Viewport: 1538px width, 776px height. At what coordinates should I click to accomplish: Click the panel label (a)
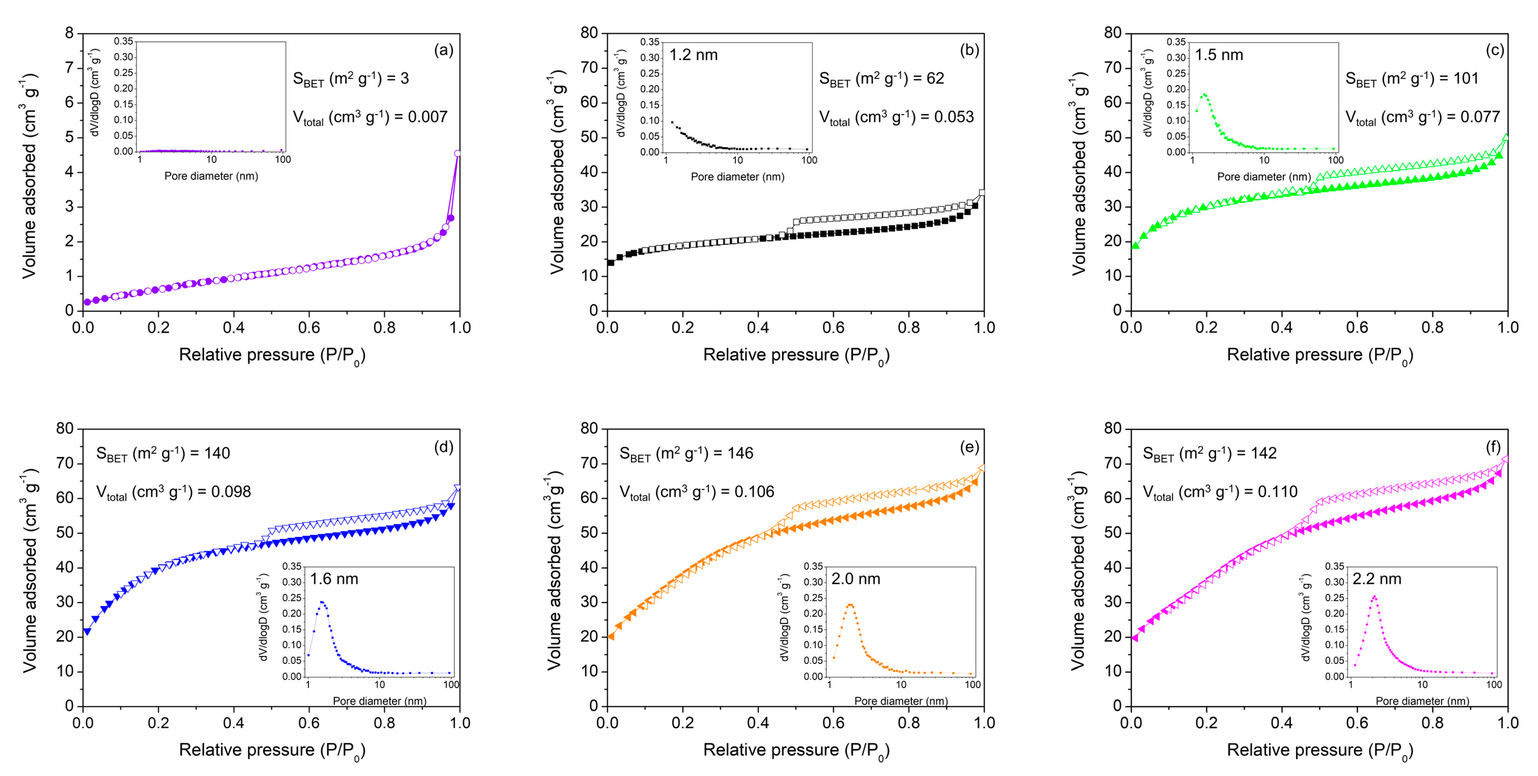[443, 50]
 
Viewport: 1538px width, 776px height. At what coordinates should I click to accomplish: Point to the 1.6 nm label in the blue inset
[334, 579]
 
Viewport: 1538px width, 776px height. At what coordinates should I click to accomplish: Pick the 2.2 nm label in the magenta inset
[1376, 579]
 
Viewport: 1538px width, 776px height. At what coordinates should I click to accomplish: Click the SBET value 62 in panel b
[935, 78]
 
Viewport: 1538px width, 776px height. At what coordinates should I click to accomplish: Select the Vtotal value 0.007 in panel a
[428, 117]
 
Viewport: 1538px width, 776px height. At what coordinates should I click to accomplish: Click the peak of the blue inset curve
[322, 602]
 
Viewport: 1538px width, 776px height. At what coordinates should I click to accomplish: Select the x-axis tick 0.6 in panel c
[1356, 327]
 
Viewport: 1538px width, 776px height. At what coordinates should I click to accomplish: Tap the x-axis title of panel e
[795, 750]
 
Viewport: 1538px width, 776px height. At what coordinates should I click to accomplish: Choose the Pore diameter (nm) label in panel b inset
[737, 177]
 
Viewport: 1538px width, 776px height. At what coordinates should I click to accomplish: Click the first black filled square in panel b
[610, 262]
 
